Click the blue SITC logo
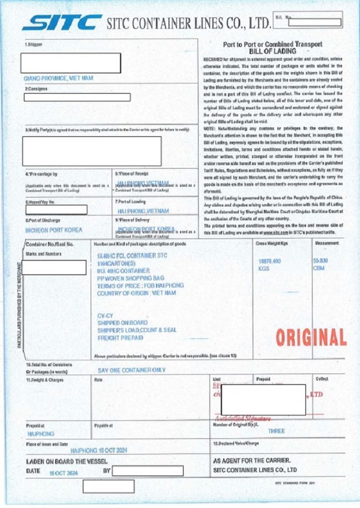62,23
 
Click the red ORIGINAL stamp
311,337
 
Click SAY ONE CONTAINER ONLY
131,370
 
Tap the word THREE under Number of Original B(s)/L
277,431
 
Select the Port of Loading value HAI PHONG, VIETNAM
140,211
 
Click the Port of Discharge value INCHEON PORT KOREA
54,230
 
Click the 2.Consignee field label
37,89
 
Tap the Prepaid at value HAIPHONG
41,433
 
